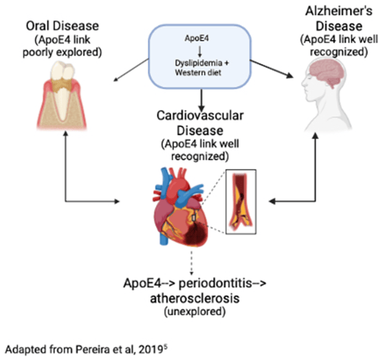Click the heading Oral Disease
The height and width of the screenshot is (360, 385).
(63, 26)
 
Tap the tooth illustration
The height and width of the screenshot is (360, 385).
(62, 95)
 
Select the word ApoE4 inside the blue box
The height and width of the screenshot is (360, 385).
(197, 38)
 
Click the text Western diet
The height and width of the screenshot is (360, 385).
(198, 73)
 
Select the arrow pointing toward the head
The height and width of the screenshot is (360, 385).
(272, 69)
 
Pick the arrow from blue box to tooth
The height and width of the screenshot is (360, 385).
(131, 70)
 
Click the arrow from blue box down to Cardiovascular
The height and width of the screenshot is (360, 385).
(201, 100)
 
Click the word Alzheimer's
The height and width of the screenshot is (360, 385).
(338, 11)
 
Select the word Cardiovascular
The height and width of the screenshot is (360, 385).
(200, 115)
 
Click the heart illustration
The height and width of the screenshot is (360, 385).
(180, 207)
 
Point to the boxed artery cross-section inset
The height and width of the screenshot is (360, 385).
(241, 202)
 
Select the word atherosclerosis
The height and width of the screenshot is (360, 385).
(195, 299)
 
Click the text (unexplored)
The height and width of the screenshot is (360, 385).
(195, 312)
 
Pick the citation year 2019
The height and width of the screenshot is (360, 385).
(151, 350)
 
